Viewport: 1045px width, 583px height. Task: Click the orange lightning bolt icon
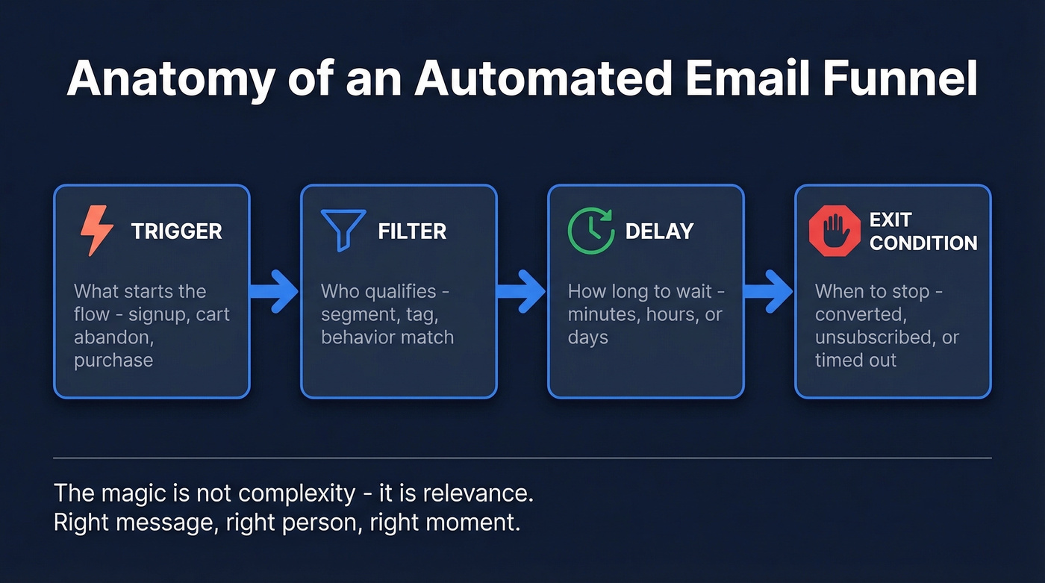click(96, 231)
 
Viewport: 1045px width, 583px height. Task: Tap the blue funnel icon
click(343, 229)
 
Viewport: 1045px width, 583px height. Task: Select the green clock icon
click(590, 230)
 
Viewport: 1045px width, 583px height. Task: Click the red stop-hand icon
click(834, 231)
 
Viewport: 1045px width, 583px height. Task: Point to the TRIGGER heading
click(176, 231)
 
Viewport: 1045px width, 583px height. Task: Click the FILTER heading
click(412, 231)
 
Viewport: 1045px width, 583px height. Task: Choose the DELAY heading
click(659, 231)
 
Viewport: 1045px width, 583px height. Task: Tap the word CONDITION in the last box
click(923, 243)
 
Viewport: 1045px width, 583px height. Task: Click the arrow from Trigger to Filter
click(274, 291)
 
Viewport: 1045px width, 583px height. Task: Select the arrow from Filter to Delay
click(521, 291)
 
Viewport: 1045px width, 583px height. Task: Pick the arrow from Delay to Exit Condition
click(768, 291)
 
